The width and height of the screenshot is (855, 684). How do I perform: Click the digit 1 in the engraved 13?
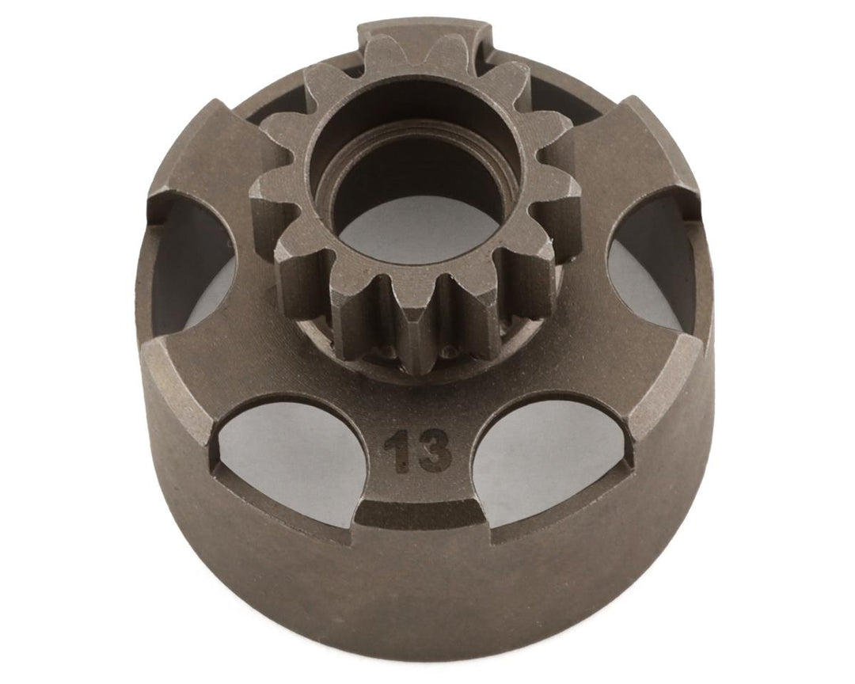tap(393, 453)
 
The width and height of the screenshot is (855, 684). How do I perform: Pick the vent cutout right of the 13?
tap(546, 451)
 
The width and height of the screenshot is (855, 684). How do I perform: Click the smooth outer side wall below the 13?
tap(420, 586)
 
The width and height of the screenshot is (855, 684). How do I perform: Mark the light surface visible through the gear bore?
tap(420, 230)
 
